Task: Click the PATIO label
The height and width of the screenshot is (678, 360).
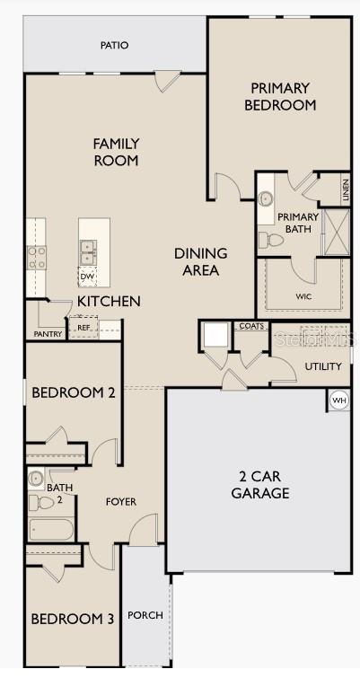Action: point(114,44)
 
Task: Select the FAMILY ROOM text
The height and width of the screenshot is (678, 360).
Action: point(116,151)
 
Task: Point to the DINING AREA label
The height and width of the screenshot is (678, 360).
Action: point(201,261)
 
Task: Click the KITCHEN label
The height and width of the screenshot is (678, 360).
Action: point(108,301)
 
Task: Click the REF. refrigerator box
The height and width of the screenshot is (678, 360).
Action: point(83,328)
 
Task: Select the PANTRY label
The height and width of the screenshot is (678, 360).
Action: point(48,334)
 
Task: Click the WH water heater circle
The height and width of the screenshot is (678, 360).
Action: point(338,400)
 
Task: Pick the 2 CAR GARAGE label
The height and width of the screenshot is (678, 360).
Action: point(260,485)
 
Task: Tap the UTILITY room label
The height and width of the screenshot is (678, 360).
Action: point(322,366)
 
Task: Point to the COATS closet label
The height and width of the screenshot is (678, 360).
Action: point(251,327)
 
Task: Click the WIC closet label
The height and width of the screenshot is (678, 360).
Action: point(303,295)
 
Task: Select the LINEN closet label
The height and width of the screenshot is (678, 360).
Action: point(346,189)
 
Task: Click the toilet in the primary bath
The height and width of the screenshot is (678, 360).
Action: point(267,240)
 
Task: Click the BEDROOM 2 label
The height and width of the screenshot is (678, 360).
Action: point(74,392)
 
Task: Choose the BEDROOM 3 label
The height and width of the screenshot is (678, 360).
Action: point(73,619)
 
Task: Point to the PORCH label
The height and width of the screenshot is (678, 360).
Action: point(145,615)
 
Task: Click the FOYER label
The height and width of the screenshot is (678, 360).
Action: point(121,502)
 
